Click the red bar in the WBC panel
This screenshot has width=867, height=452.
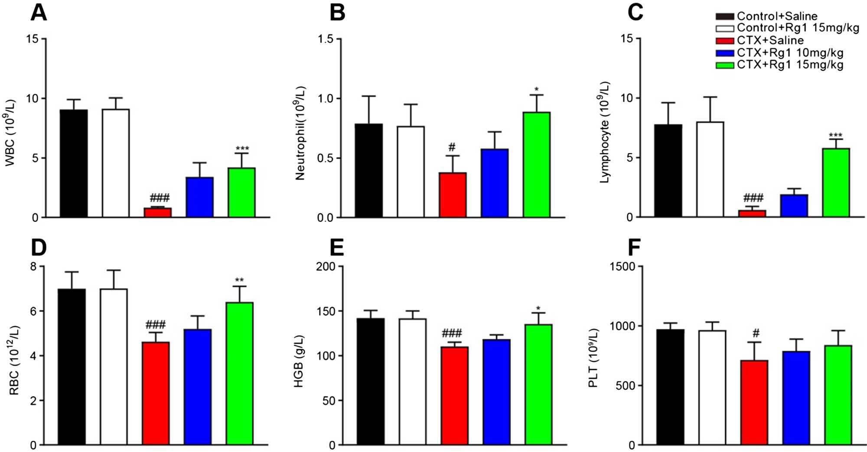[158, 212]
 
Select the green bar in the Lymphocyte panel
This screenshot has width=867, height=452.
[836, 183]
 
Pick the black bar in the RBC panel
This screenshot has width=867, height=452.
[72, 367]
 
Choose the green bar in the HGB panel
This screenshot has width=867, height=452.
[538, 384]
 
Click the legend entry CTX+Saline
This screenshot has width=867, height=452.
[770, 40]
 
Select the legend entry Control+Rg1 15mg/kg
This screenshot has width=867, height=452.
[798, 28]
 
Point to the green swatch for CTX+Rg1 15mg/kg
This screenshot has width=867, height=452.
[724, 65]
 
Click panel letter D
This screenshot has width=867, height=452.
[39, 248]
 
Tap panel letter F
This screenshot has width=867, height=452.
[634, 248]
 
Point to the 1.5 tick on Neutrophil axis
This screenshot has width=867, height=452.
[326, 39]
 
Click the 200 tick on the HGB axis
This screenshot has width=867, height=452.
[326, 266]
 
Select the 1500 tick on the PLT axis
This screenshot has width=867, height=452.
[623, 266]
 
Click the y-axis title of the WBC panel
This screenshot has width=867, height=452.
[10, 133]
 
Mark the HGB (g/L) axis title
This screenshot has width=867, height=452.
[299, 361]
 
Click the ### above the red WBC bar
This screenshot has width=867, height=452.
[160, 198]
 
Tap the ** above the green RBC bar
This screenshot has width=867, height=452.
[239, 280]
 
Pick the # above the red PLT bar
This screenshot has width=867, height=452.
[756, 333]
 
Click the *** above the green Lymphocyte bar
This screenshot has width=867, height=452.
[835, 135]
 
